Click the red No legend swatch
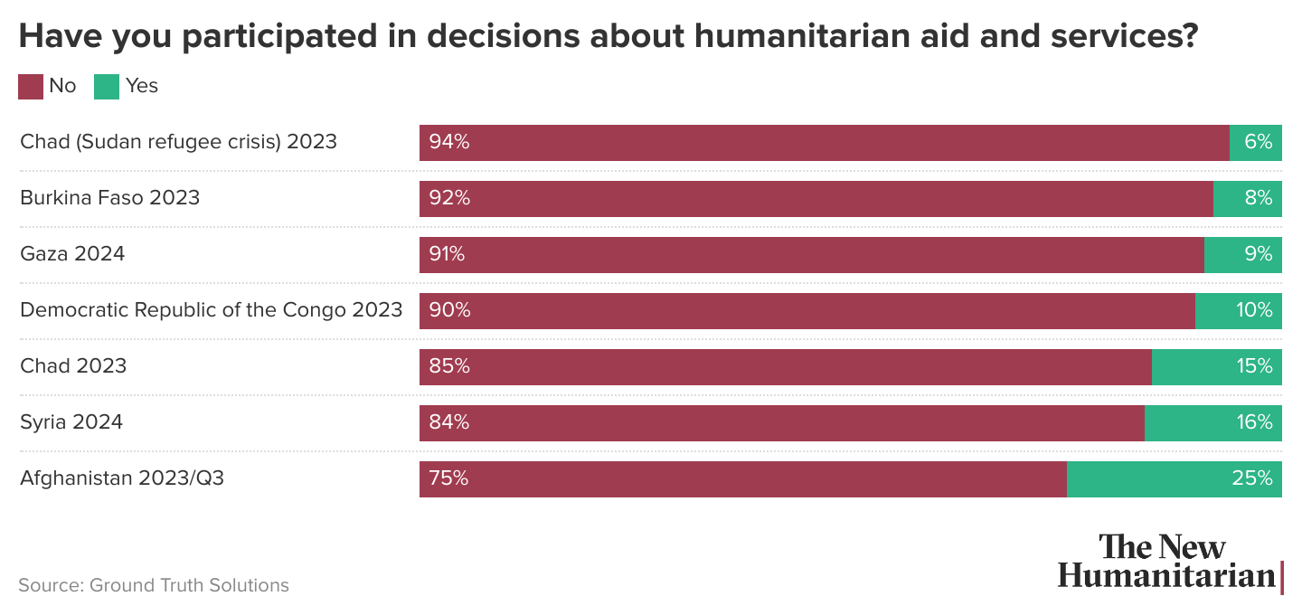(31, 86)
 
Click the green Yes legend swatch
(107, 86)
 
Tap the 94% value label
(448, 142)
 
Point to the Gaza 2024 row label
(72, 254)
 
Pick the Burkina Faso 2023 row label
(109, 198)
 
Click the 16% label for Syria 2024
(1253, 422)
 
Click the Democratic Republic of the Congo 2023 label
(211, 310)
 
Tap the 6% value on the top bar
(1258, 142)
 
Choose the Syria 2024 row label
(71, 422)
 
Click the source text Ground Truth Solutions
(154, 585)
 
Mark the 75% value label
(448, 478)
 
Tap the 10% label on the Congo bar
(1253, 310)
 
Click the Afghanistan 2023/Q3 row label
(122, 478)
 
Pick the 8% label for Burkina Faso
(1258, 198)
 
